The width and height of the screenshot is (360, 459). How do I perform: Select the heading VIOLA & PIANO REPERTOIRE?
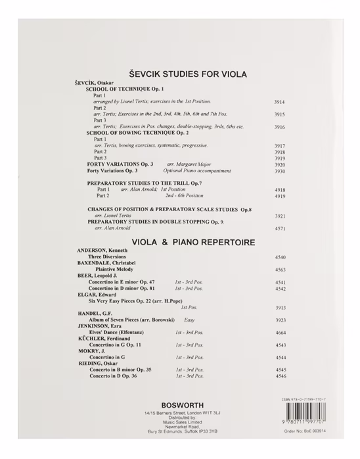192,242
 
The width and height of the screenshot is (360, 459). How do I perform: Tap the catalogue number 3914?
279,103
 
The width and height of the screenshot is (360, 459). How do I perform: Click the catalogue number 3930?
279,170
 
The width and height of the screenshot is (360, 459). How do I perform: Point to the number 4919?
279,196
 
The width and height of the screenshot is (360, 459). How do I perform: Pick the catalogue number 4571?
279,228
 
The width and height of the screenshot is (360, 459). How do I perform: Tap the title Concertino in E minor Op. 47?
122,282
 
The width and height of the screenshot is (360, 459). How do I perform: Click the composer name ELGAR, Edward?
97,295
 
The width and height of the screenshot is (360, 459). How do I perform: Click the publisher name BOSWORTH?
179,405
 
